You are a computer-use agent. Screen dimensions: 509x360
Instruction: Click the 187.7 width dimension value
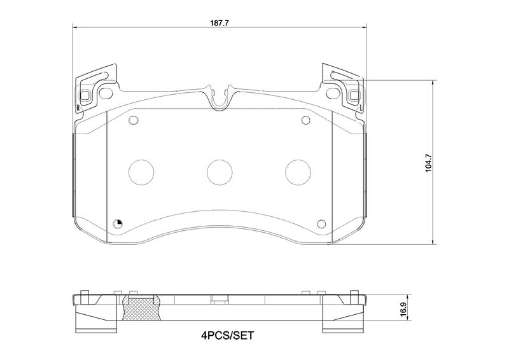(220, 23)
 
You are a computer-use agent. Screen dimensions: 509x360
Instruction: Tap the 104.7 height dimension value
(428, 163)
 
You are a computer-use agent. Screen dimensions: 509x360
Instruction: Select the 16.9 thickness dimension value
(403, 308)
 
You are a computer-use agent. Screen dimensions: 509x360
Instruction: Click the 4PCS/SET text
(227, 335)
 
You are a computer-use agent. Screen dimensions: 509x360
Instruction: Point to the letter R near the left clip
(78, 108)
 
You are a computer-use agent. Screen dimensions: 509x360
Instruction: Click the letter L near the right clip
(361, 107)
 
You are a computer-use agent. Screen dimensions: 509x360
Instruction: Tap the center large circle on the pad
(220, 172)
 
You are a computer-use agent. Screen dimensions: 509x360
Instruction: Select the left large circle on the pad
(141, 172)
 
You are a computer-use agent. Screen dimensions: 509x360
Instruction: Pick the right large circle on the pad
(298, 172)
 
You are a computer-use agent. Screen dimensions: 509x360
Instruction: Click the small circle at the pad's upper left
(134, 120)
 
